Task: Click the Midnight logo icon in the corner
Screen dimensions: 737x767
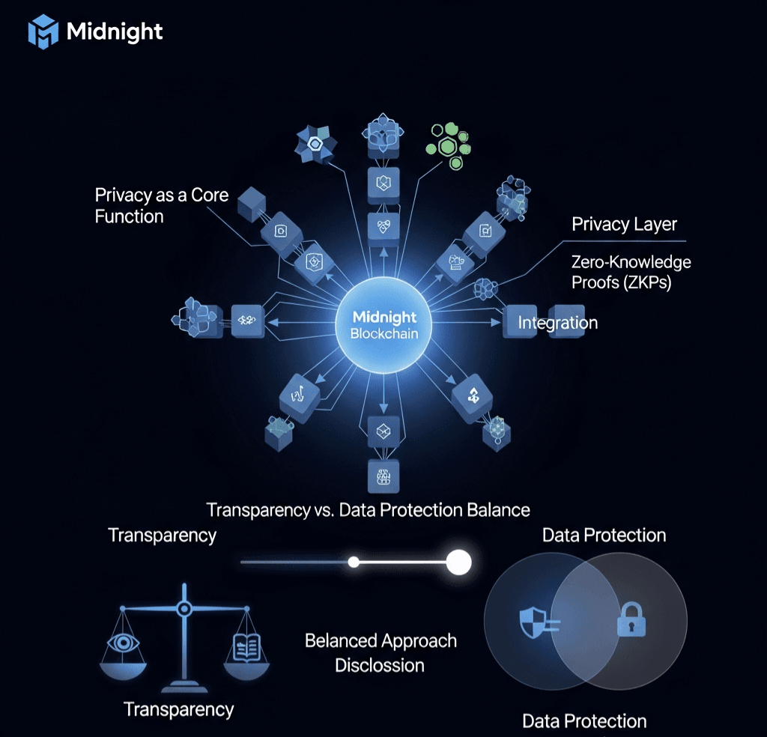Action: tap(43, 32)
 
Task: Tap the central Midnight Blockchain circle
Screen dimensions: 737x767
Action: tap(383, 327)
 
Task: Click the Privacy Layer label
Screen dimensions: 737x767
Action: tap(624, 224)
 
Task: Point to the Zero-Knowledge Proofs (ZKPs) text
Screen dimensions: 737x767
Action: tap(631, 272)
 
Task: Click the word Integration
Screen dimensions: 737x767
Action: tap(557, 323)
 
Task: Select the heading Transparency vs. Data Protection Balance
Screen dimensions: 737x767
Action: tap(368, 510)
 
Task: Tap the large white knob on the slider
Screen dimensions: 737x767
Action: tap(458, 562)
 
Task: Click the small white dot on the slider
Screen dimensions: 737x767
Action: tap(354, 562)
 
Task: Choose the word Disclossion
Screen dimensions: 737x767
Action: tap(379, 665)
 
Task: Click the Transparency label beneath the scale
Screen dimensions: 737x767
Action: tap(178, 709)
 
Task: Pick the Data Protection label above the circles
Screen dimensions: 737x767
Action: tap(604, 536)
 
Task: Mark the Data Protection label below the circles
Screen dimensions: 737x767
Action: tap(584, 721)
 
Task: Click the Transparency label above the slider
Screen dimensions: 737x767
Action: tap(162, 536)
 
